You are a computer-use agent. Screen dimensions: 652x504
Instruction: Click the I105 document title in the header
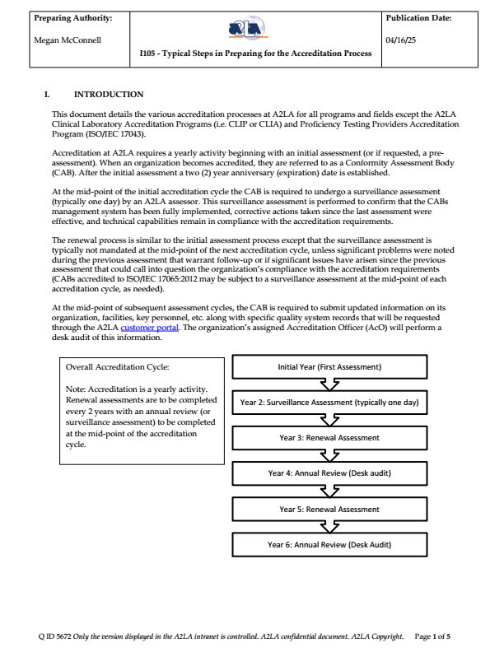pyautogui.click(x=255, y=54)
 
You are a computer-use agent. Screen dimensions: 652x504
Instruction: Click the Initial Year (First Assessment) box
pyautogui.click(x=329, y=366)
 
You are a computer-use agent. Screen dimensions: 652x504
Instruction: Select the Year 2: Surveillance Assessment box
pyautogui.click(x=329, y=403)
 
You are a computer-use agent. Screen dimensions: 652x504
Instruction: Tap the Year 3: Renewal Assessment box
pyautogui.click(x=329, y=438)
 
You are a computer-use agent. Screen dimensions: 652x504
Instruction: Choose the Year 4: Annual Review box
pyautogui.click(x=329, y=473)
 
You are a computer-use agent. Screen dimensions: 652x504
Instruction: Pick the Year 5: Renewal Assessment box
pyautogui.click(x=329, y=509)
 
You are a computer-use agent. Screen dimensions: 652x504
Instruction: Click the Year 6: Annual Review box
pyautogui.click(x=329, y=544)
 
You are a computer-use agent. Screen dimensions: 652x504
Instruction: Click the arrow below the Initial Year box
pyautogui.click(x=329, y=384)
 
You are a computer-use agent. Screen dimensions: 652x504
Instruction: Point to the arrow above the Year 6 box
pyautogui.click(x=329, y=527)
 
